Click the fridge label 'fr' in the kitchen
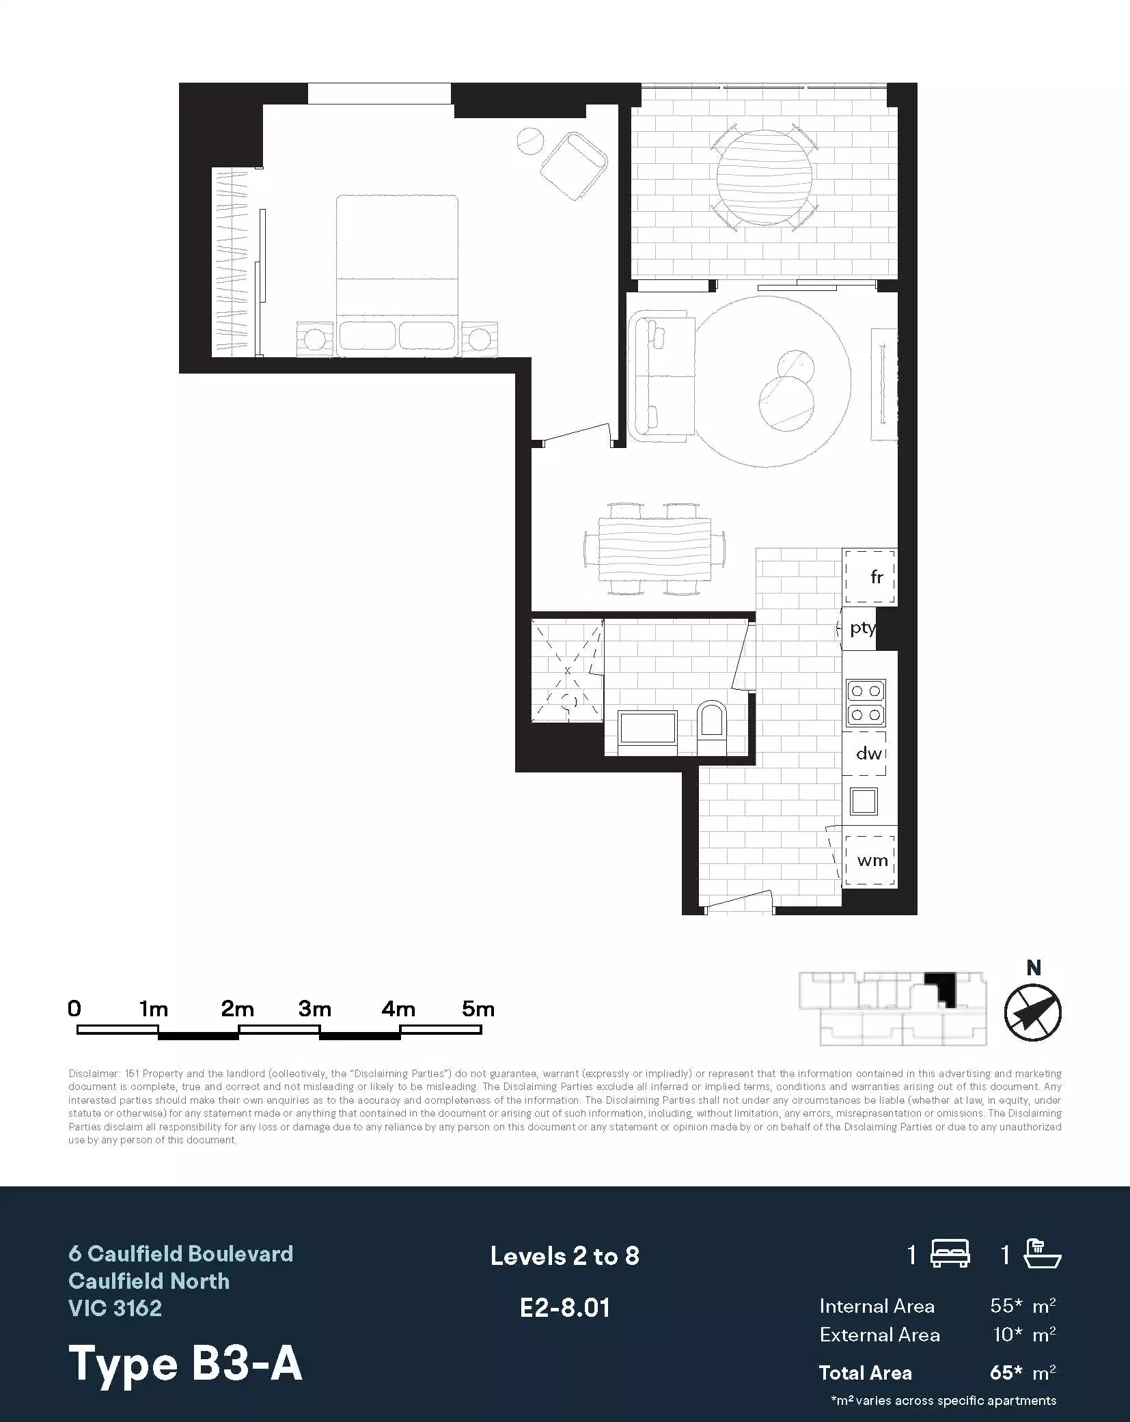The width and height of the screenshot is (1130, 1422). point(877,577)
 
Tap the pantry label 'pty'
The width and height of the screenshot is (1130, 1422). point(862,628)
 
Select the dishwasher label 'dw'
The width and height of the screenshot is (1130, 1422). point(868,753)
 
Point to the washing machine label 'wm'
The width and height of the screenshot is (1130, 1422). point(872,860)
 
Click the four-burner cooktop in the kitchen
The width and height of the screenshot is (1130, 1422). point(866,703)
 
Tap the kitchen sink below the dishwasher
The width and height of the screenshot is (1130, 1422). point(864,801)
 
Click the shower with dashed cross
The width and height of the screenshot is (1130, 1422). point(568,671)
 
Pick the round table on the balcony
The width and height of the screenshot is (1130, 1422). point(764,177)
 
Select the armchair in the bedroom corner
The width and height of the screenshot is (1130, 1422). point(574,166)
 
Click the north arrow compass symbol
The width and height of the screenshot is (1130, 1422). point(1032,1012)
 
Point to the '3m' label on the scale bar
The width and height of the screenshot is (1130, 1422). point(315,1009)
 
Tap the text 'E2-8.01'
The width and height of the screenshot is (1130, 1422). point(564,1307)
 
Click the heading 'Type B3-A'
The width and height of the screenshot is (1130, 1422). point(185,1363)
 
